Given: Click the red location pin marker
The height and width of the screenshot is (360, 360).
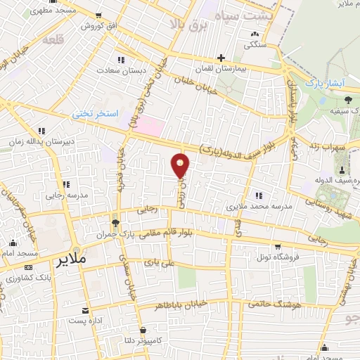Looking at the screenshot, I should [181, 165].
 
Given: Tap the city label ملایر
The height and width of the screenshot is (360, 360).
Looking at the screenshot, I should [70, 259].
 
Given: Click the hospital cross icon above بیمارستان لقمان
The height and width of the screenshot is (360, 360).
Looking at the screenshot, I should [221, 58].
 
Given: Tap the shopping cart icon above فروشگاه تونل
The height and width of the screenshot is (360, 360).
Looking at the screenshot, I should [278, 246].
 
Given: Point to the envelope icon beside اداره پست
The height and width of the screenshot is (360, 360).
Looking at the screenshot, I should [86, 310].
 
